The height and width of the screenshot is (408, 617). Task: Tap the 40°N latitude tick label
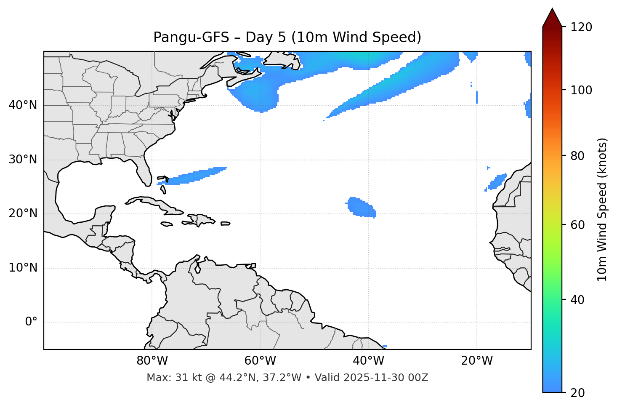[x=23, y=105]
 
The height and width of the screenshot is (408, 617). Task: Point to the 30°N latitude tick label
[x=23, y=160]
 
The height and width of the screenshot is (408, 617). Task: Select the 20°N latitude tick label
[x=23, y=214]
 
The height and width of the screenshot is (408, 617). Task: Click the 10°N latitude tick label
[x=23, y=268]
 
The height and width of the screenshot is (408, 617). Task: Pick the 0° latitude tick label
[x=31, y=322]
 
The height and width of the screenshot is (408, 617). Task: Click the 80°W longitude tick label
[x=152, y=361]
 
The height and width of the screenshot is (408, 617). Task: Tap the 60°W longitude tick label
[x=260, y=361]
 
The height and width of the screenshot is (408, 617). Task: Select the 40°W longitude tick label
[x=368, y=361]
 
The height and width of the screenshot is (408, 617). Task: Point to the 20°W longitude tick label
[x=476, y=361]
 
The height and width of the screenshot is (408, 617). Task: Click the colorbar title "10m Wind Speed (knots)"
[x=602, y=209]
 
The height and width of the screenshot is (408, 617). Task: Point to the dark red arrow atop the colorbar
[x=552, y=18]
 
